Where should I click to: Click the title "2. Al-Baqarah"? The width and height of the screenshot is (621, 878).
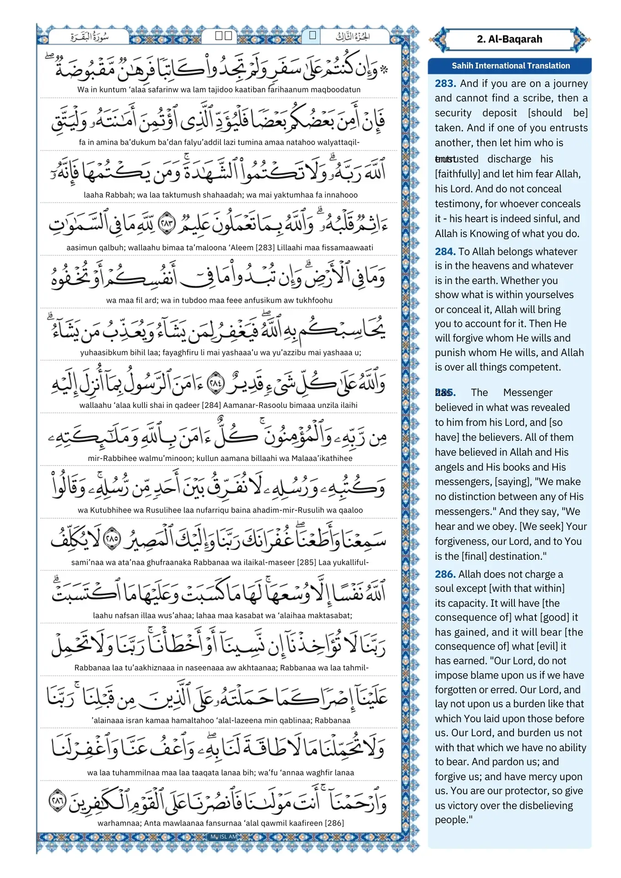point(509,39)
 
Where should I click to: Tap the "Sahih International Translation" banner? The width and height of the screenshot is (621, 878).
point(510,66)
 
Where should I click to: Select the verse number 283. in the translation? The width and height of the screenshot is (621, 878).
point(445,83)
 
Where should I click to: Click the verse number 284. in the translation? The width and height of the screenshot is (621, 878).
point(445,252)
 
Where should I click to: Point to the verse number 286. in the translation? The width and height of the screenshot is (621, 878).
point(445,574)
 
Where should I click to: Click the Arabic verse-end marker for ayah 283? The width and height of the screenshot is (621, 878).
point(167,223)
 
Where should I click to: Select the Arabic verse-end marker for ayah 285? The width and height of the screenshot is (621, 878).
point(112,539)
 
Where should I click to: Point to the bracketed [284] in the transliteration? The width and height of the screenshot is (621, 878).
point(211,405)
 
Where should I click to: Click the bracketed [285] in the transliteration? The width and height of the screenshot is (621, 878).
point(307,562)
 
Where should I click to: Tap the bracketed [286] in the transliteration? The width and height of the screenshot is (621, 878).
point(334,823)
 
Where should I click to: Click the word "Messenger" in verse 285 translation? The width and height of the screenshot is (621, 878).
point(528,392)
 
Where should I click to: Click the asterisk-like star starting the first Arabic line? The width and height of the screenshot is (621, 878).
point(384,70)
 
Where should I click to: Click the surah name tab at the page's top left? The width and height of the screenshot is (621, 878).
point(89,37)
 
